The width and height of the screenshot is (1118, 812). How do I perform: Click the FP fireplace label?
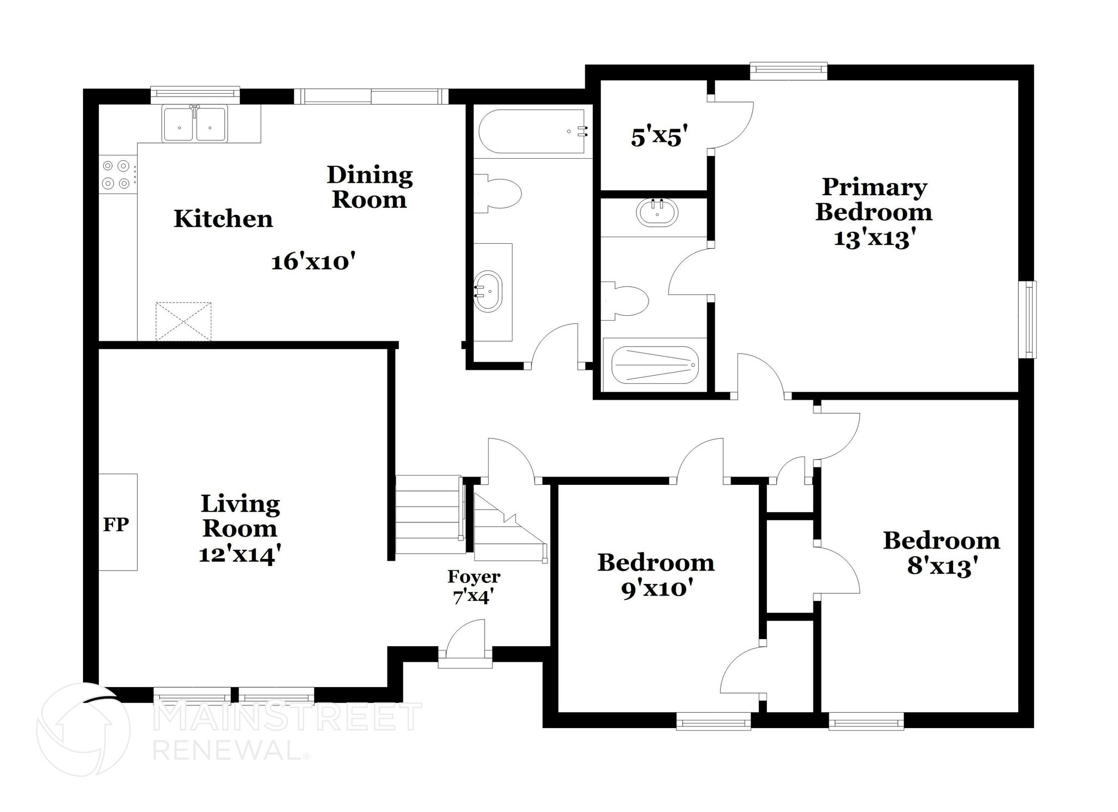pyautogui.click(x=116, y=525)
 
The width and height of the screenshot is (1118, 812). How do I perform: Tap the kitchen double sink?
pyautogui.click(x=194, y=125)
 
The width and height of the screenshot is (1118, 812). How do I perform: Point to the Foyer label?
pyautogui.click(x=474, y=576)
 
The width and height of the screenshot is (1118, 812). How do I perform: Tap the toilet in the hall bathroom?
pyautogui.click(x=498, y=194)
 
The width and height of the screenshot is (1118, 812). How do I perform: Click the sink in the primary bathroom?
pyautogui.click(x=657, y=213)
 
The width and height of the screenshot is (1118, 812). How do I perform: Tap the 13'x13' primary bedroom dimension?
pyautogui.click(x=874, y=238)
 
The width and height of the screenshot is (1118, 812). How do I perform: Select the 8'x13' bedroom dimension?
pyautogui.click(x=942, y=567)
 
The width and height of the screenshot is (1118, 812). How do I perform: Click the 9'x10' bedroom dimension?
pyautogui.click(x=657, y=588)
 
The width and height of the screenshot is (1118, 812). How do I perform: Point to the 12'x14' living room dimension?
pyautogui.click(x=240, y=555)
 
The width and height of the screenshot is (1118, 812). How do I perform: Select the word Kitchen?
pyautogui.click(x=223, y=219)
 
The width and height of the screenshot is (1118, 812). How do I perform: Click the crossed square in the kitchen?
pyautogui.click(x=183, y=322)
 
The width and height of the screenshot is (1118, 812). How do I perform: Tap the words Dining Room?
pyautogui.click(x=370, y=187)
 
